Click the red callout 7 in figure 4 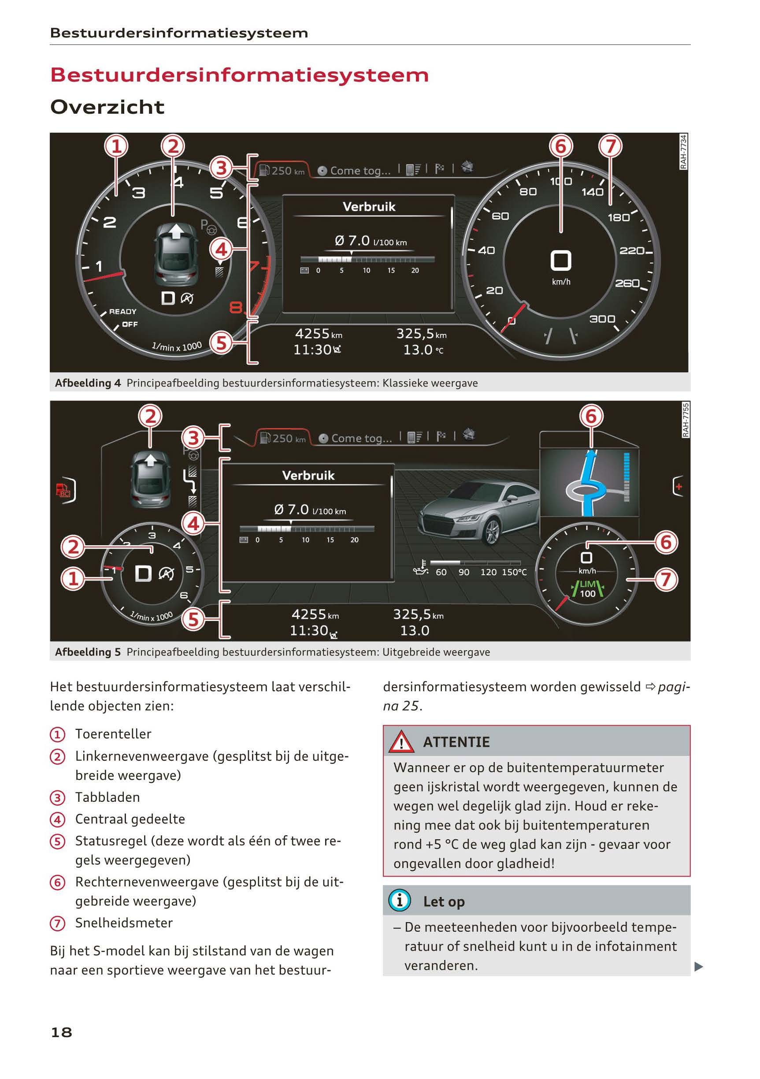(610, 146)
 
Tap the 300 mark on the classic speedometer (602, 319)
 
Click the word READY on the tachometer (122, 312)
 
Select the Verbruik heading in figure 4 (369, 207)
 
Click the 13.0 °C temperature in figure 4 (423, 350)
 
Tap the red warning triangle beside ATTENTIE (401, 742)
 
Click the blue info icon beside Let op (400, 900)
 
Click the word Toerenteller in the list (113, 734)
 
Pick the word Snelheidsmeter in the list (124, 923)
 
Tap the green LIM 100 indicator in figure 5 (587, 589)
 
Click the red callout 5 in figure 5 (193, 619)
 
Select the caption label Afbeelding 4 (88, 383)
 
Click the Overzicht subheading (108, 107)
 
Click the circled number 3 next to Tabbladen (57, 797)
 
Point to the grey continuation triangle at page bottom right (698, 967)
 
